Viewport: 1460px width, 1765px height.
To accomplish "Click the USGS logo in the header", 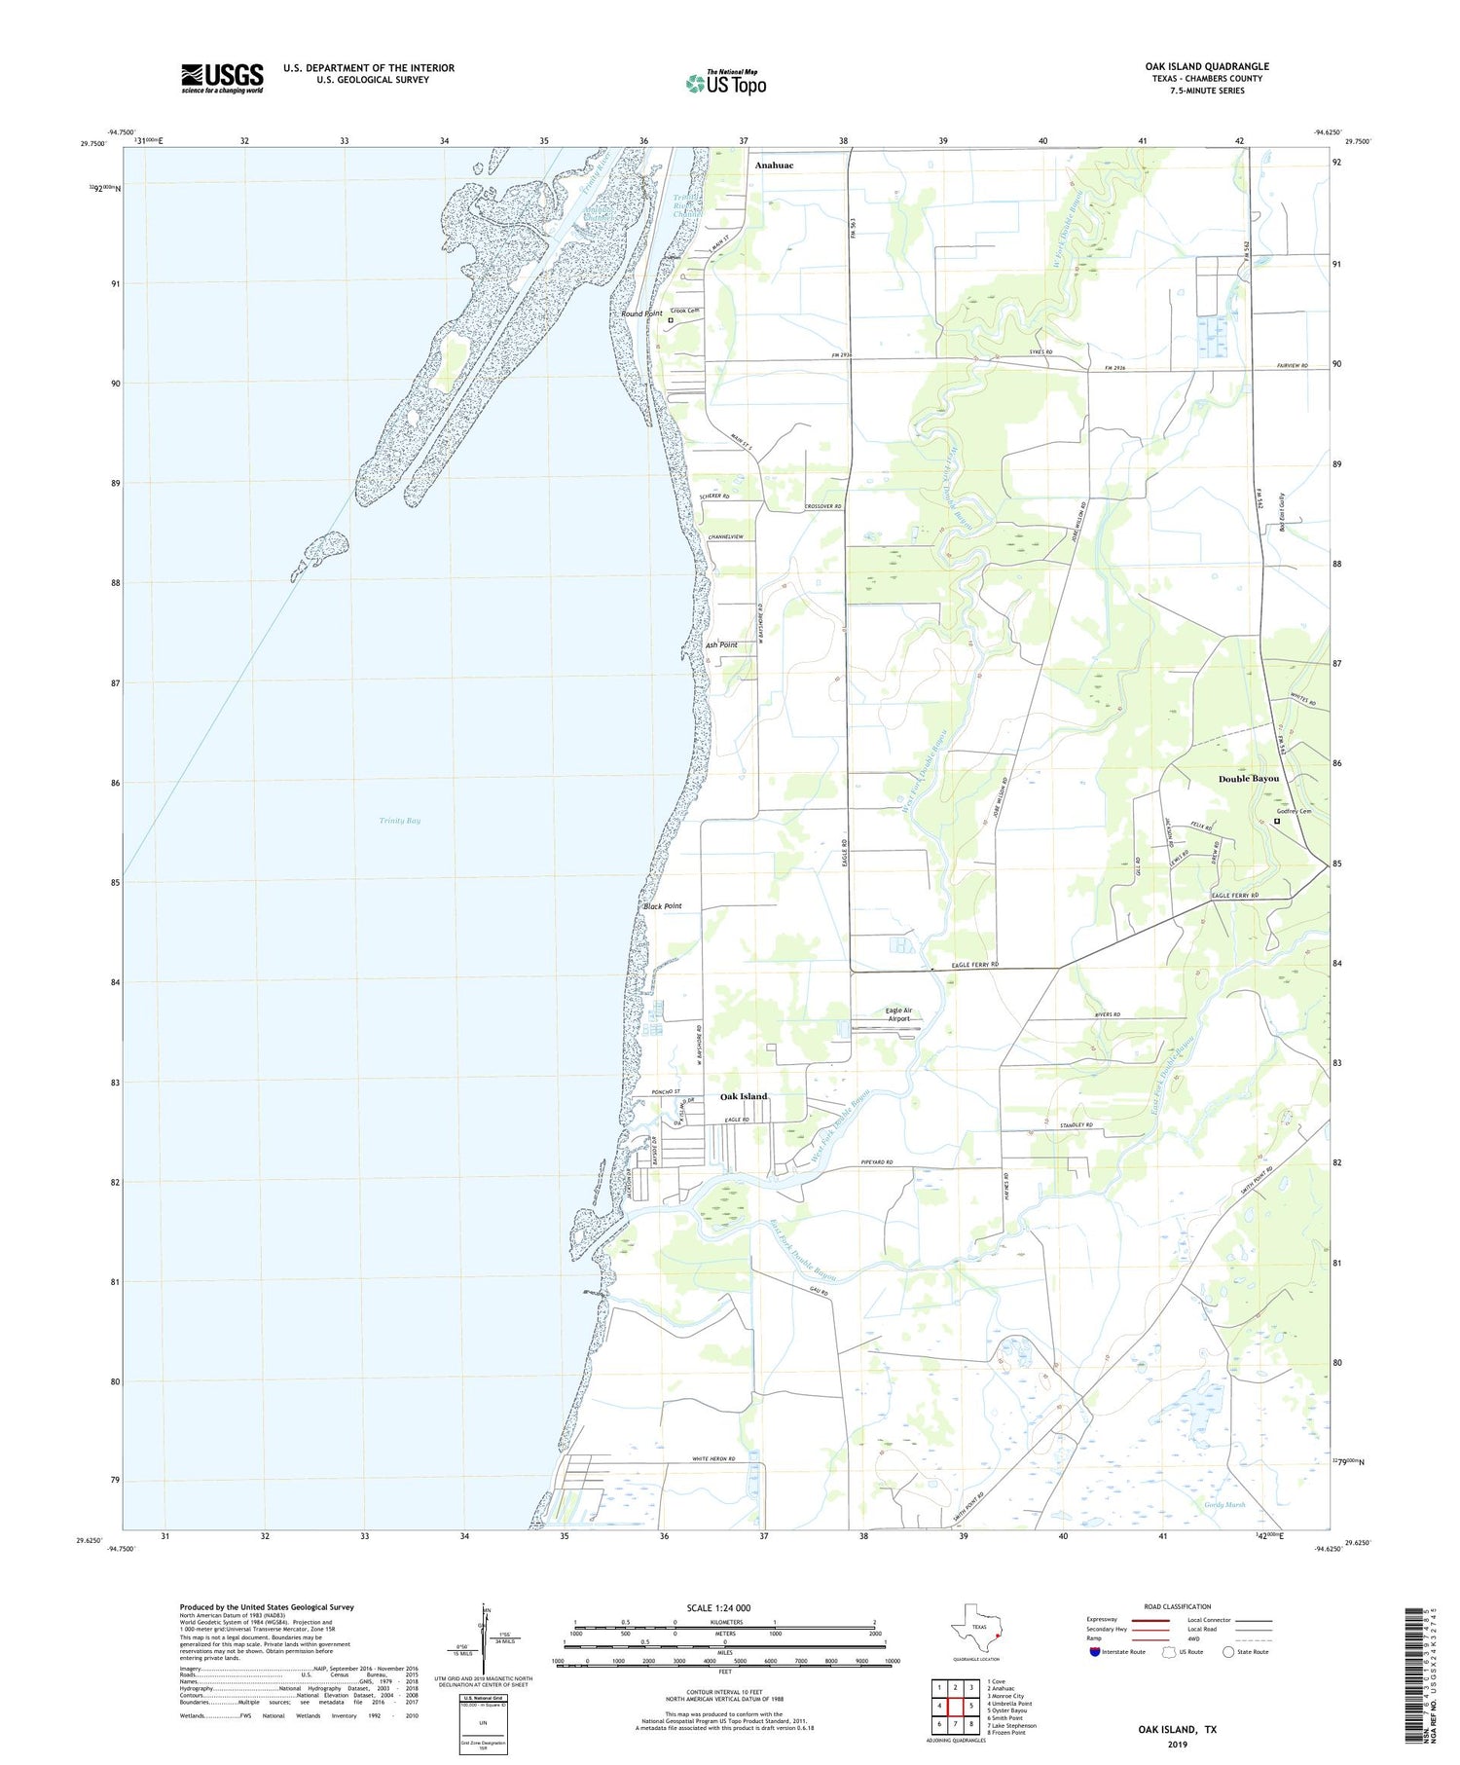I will [221, 78].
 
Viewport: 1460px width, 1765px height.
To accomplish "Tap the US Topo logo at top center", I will [725, 83].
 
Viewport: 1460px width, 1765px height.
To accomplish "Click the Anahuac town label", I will [774, 165].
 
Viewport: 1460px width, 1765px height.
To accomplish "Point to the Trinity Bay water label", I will [400, 821].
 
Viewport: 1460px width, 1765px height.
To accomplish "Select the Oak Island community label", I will [744, 1096].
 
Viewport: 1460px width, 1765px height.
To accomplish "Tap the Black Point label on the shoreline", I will [663, 906].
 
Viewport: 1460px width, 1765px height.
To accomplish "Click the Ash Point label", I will [721, 644].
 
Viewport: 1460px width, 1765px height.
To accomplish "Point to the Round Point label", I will [641, 313].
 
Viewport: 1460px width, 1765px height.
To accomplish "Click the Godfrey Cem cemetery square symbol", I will [1277, 821].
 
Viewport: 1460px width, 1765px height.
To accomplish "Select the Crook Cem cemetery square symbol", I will [671, 320].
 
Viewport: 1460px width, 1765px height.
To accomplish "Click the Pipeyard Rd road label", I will [877, 1162].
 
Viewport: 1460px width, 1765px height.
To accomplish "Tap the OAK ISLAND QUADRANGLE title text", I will [1206, 66].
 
